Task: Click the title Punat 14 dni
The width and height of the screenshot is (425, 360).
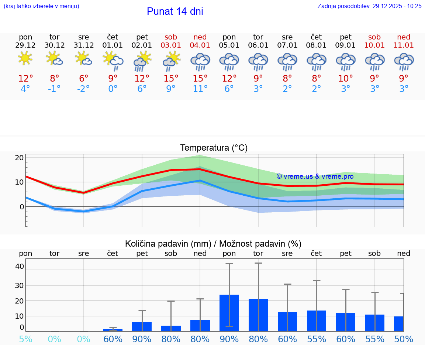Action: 175,11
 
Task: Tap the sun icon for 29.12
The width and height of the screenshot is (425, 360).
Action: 25,58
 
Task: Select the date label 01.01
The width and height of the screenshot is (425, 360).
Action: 113,45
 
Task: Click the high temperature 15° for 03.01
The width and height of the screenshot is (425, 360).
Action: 171,78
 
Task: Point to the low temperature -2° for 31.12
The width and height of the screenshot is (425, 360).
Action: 84,89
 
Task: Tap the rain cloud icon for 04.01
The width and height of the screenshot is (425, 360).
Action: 200,61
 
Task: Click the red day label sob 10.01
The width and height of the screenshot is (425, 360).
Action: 374,41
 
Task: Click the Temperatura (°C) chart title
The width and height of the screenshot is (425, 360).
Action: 214,148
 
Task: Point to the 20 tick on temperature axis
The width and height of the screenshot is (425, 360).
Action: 19,158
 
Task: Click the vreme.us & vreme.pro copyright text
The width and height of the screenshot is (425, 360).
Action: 315,176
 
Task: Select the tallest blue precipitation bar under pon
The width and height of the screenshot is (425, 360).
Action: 229,313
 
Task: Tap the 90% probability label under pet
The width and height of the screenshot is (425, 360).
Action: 142,339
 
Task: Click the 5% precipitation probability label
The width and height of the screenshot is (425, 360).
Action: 25,339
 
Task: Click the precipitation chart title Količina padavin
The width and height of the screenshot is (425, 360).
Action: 213,244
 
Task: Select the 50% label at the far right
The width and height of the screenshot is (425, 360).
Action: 404,339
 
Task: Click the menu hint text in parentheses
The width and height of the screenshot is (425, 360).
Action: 41,6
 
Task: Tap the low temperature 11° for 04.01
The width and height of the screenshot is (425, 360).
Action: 200,89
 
